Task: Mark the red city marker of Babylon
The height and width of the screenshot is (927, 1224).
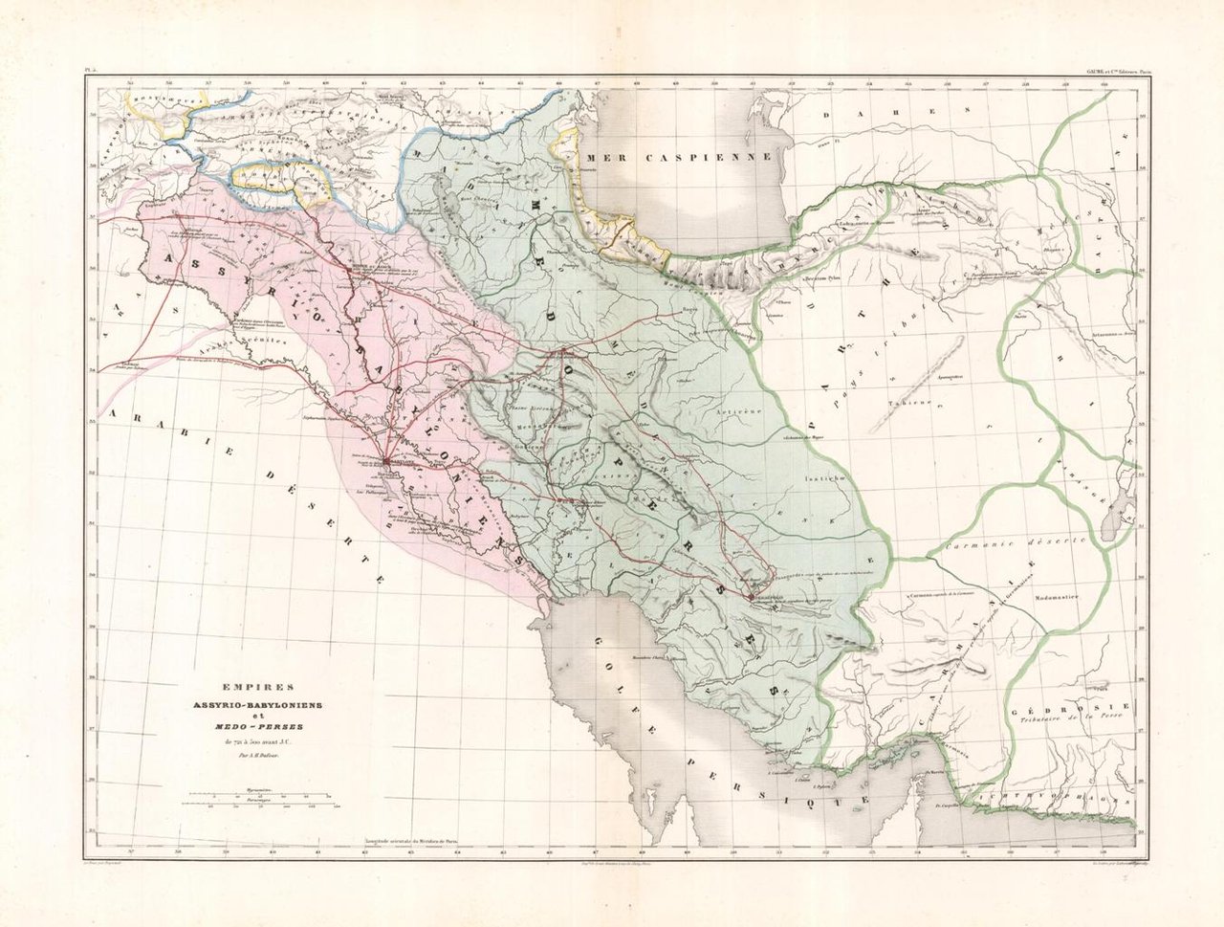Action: click(x=384, y=461)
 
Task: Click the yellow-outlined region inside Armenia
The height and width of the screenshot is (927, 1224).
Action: click(x=268, y=176)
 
